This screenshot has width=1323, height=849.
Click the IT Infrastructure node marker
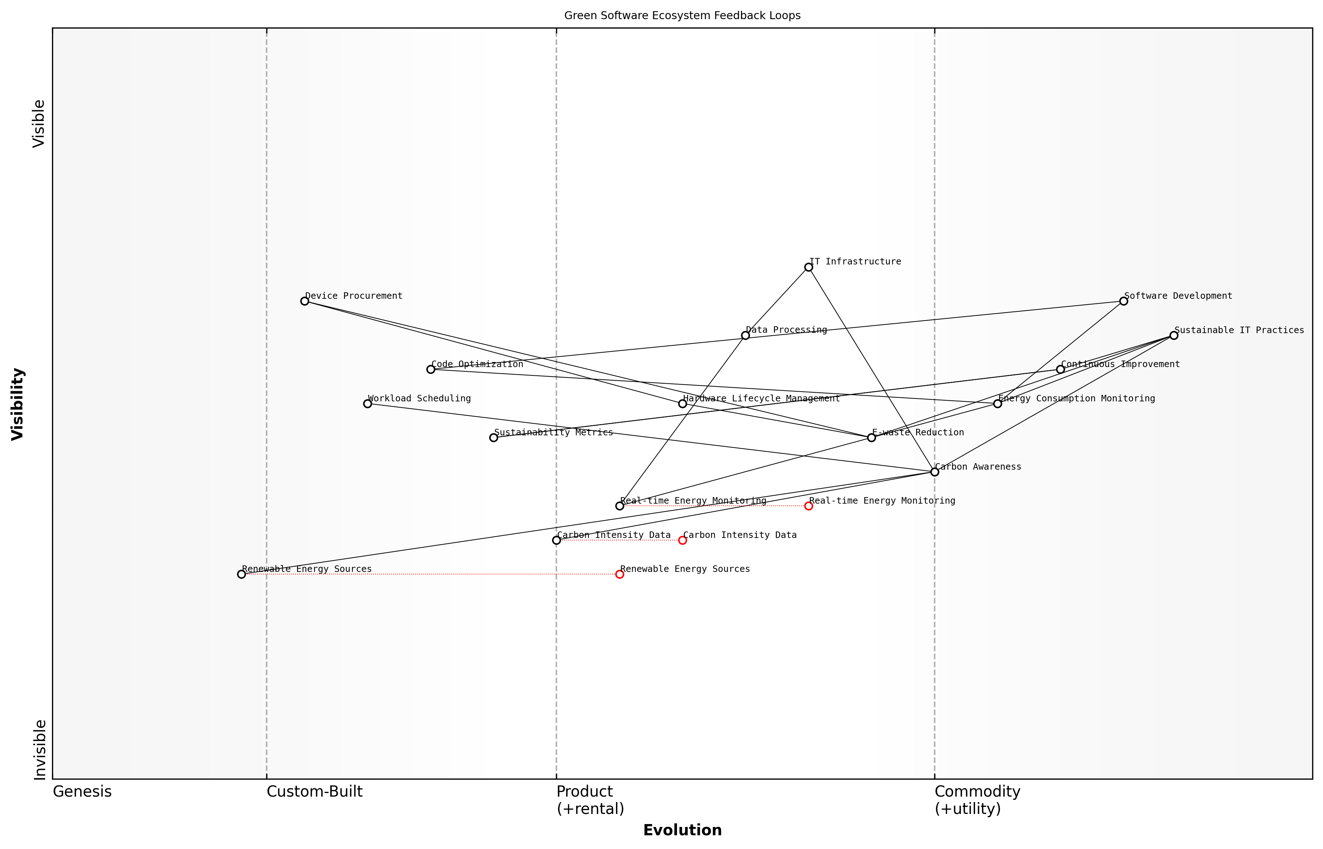point(808,267)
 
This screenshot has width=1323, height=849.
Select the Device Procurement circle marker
point(304,301)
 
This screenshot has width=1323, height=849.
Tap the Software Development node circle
point(1124,301)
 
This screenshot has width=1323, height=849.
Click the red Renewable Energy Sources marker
point(620,574)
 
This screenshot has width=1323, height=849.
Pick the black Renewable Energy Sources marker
point(241,574)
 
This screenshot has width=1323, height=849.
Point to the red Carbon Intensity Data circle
point(682,540)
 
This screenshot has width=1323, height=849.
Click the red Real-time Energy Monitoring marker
point(808,506)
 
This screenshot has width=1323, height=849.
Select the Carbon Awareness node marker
point(934,472)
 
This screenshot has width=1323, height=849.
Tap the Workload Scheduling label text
point(419,398)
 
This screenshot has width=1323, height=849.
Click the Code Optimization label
point(477,365)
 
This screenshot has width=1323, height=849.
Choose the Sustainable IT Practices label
point(1239,330)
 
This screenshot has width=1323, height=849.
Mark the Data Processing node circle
point(745,335)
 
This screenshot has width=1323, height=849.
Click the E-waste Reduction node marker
point(871,438)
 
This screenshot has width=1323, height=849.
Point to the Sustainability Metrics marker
point(494,438)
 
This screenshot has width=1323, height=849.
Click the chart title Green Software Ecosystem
point(682,16)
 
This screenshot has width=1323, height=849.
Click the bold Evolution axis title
point(682,830)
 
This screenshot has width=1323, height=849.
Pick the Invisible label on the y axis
point(40,750)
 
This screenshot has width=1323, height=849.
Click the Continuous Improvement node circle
point(1060,369)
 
